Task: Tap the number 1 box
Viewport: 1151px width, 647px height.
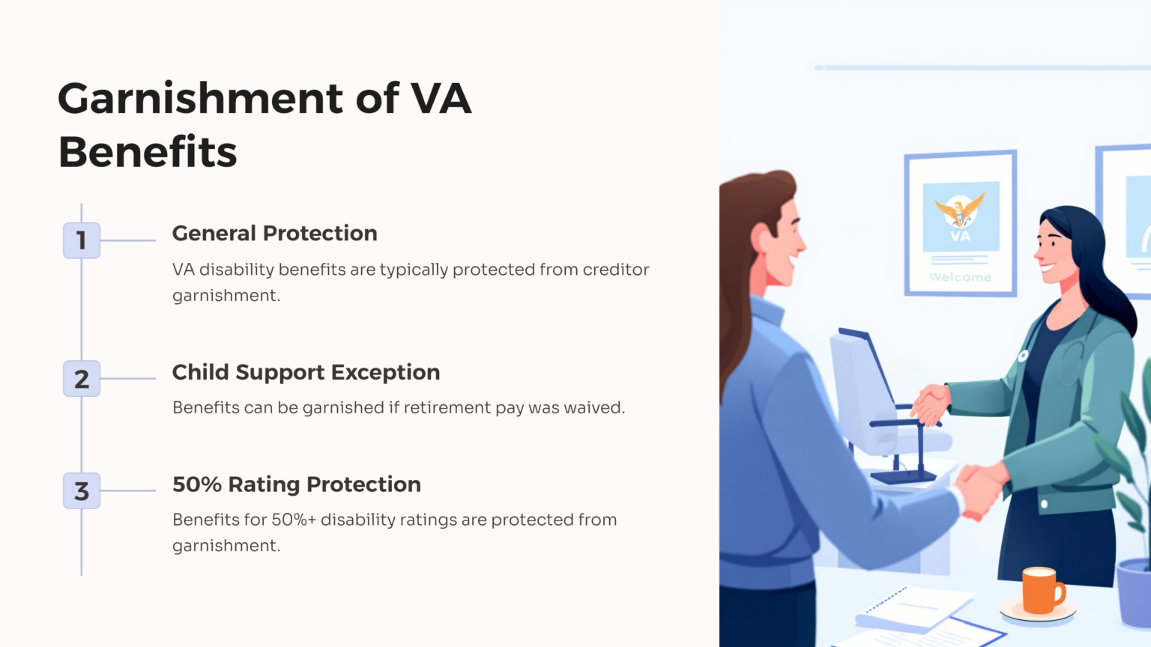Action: [82, 240]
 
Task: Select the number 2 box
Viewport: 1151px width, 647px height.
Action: [82, 379]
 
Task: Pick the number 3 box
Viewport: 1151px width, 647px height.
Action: [82, 491]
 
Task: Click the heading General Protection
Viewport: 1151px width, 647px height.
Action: [274, 234]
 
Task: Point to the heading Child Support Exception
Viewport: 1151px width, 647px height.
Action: [306, 372]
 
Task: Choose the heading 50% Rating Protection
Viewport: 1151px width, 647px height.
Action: [296, 485]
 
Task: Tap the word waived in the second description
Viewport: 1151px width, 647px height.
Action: [594, 408]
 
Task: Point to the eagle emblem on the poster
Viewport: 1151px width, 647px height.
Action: [959, 210]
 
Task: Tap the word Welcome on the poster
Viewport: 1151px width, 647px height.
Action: [960, 277]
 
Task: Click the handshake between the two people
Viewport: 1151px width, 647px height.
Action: [931, 404]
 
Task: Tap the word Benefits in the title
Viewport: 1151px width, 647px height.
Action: [148, 153]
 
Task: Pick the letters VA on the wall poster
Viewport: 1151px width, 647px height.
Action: [960, 237]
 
